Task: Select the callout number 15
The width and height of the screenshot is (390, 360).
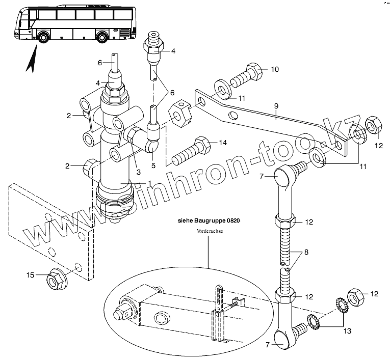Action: pos(31,275)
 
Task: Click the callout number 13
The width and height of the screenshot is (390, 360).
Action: pos(347,331)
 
